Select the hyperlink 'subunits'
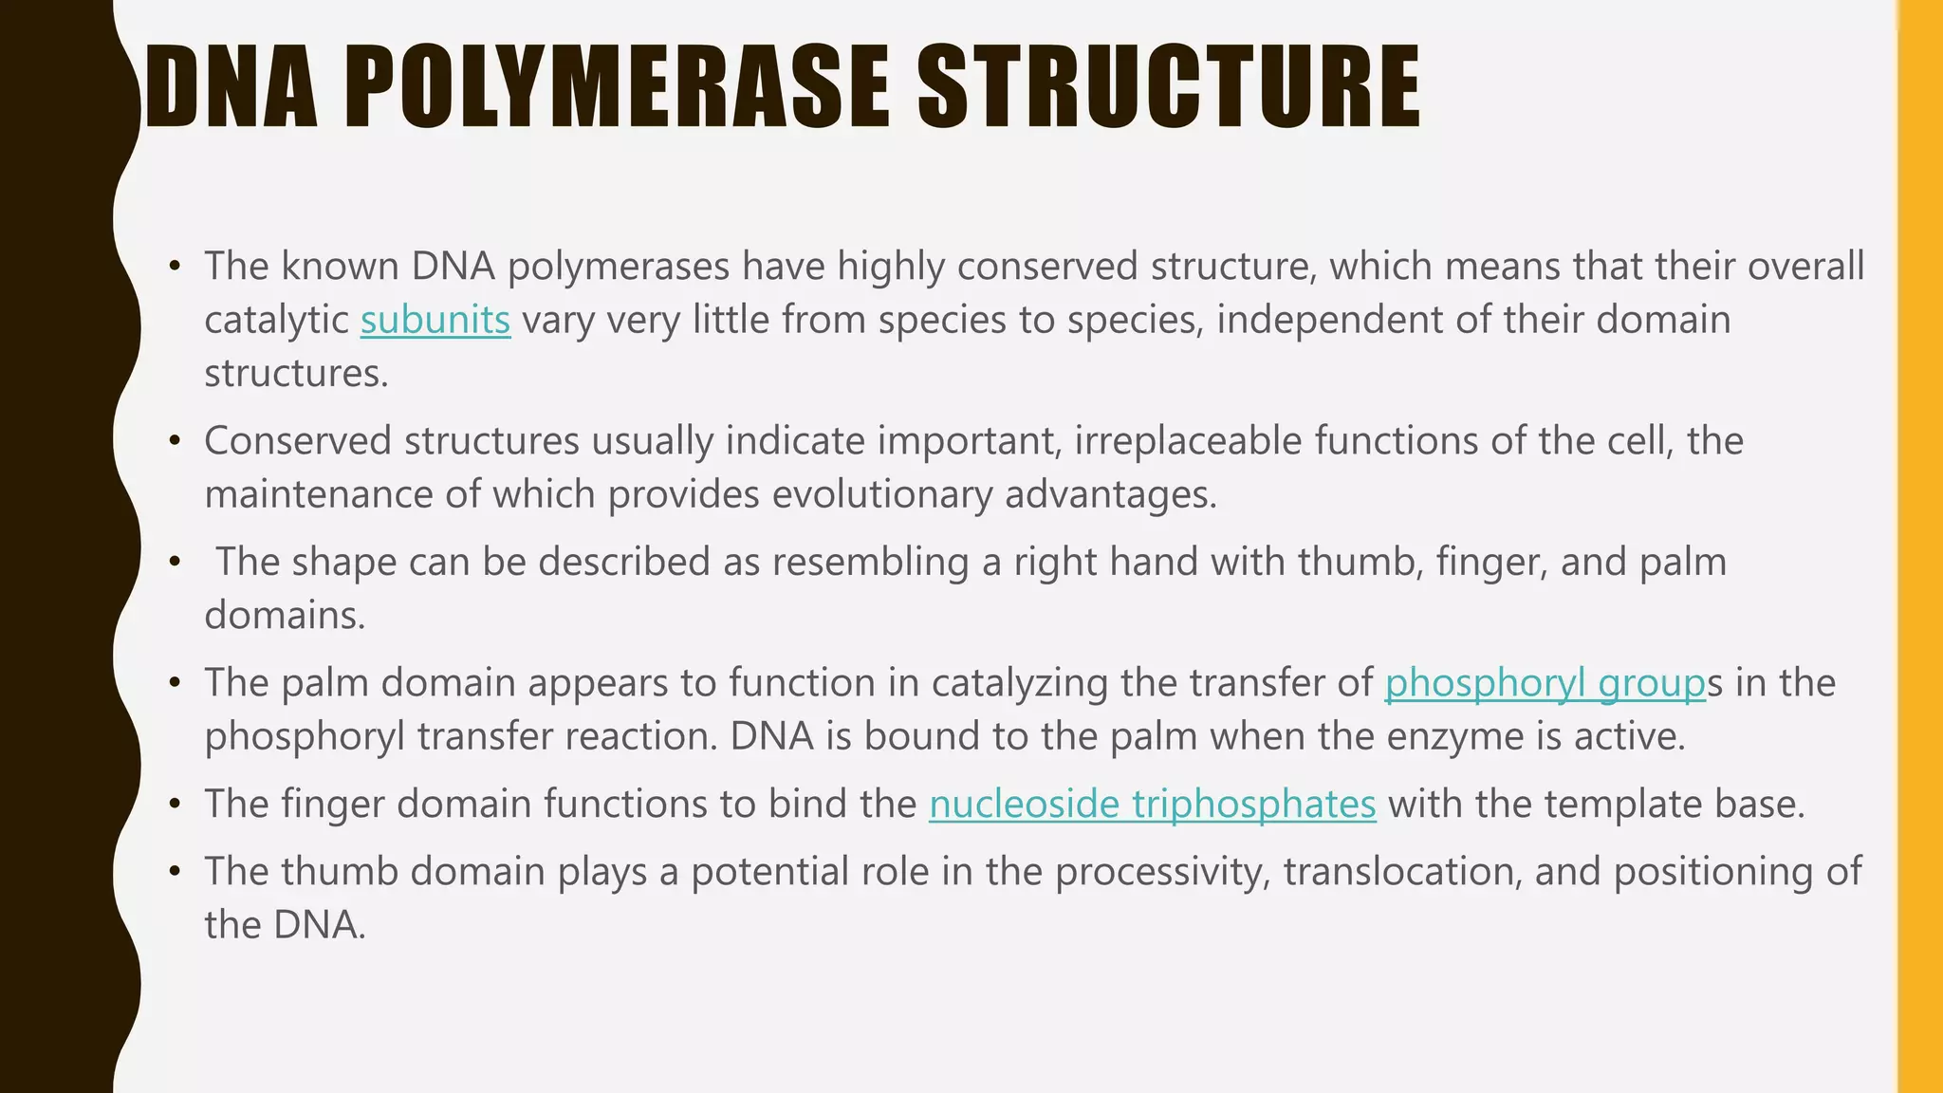point(435,320)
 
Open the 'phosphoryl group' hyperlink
point(1545,683)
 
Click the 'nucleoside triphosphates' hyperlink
point(1152,805)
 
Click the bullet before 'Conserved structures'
point(175,441)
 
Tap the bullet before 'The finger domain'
point(175,805)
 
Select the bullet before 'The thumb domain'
point(175,872)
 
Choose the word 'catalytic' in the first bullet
point(276,320)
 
